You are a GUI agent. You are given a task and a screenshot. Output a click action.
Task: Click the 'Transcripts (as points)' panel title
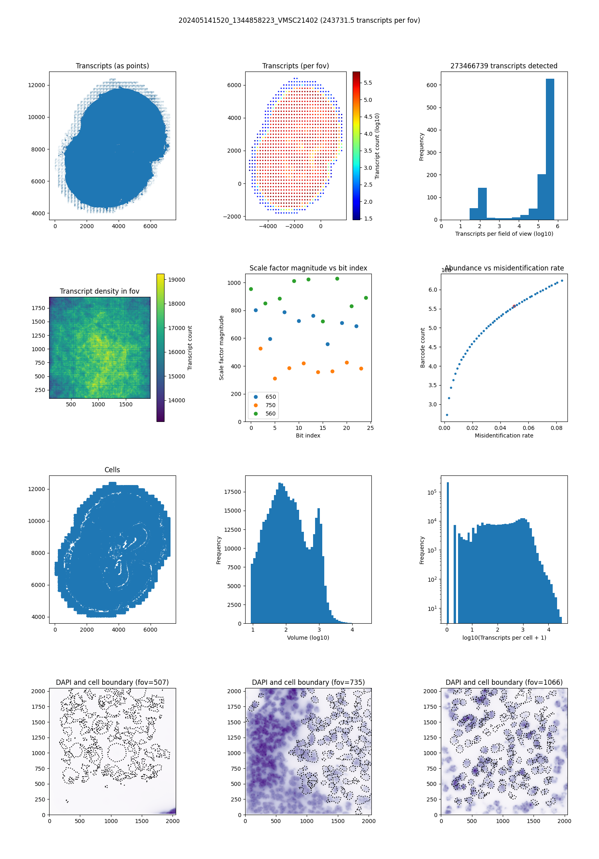(112, 66)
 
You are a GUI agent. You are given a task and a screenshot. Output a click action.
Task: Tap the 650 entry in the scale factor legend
(270, 397)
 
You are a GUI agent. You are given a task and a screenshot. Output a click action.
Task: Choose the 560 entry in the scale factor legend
(270, 414)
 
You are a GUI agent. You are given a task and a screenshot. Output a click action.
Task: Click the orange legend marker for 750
(256, 405)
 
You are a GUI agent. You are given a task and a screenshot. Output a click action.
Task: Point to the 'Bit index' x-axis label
(308, 435)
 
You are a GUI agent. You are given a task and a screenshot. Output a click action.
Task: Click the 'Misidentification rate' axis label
(504, 435)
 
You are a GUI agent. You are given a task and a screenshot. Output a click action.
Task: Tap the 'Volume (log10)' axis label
(308, 638)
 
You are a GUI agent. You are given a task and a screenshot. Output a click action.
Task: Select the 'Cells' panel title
(112, 470)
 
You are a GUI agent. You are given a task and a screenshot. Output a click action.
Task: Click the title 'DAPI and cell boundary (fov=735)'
(308, 682)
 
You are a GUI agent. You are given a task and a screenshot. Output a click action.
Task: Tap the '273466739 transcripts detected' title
(504, 66)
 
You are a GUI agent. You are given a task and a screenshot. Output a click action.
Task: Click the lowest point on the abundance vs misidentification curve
(447, 415)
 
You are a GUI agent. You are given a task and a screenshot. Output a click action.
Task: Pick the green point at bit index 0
(251, 289)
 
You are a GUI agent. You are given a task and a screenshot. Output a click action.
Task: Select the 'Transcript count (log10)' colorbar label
(377, 146)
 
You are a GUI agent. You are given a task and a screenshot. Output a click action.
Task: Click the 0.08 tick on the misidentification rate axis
(557, 428)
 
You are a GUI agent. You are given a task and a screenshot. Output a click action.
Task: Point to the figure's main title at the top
(299, 20)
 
